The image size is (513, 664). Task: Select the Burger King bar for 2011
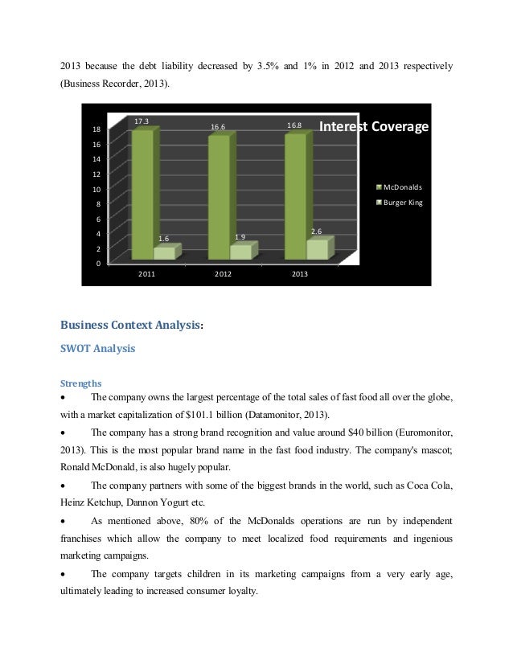tap(165, 252)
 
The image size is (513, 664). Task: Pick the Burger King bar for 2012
tap(240, 252)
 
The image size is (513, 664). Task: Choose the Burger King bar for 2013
tap(317, 249)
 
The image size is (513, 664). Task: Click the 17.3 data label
tap(142, 121)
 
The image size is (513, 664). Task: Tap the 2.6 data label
tap(316, 232)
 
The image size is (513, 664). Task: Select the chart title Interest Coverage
tap(374, 127)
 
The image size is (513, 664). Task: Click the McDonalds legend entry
tap(401, 187)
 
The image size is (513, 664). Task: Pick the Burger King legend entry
tap(401, 202)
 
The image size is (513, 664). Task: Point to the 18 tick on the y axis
tap(96, 129)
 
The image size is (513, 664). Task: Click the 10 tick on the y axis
tap(96, 189)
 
